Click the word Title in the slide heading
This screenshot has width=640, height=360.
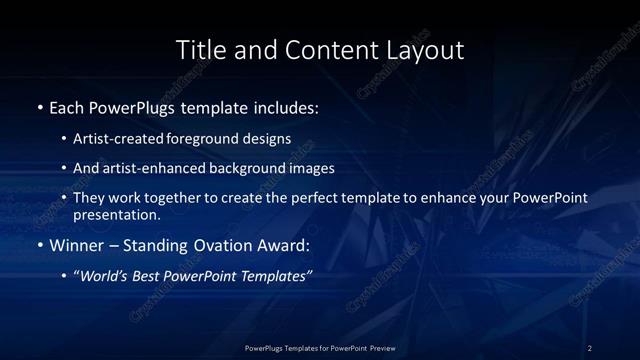(x=198, y=49)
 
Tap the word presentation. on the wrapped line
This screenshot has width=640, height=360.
(x=117, y=214)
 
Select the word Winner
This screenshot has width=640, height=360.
(x=76, y=245)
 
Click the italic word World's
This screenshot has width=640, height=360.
(x=105, y=276)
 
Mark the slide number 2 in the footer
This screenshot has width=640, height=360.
(x=590, y=347)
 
